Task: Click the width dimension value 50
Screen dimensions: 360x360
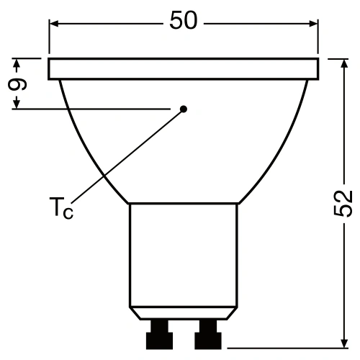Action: tap(184, 22)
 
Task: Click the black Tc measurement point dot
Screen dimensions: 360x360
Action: tap(183, 109)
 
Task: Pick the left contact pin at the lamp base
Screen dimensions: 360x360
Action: tap(158, 334)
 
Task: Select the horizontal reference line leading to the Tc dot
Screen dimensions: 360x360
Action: tap(94, 109)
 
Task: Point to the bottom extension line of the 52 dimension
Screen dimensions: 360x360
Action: tap(288, 346)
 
